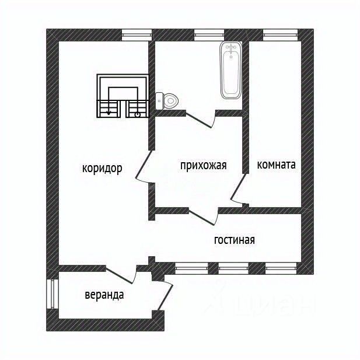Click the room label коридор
tap(102, 169)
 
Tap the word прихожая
tap(204, 165)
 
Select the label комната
tap(276, 165)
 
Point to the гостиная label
tap(234, 240)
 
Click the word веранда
tap(104, 295)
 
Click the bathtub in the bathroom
tap(230, 70)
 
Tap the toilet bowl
tap(167, 101)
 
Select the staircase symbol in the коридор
tap(123, 96)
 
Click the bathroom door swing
tap(201, 120)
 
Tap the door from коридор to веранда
tap(121, 275)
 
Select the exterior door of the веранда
tap(165, 296)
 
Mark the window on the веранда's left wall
tap(53, 294)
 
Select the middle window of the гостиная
tap(233, 268)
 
